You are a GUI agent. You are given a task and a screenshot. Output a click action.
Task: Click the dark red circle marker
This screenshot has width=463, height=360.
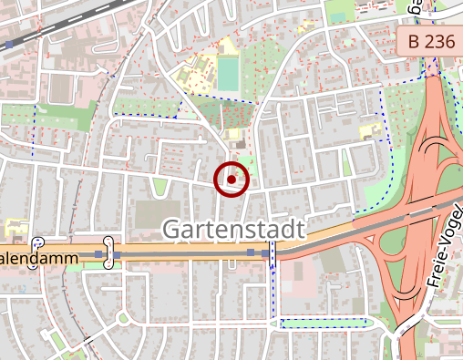pyautogui.click(x=231, y=180)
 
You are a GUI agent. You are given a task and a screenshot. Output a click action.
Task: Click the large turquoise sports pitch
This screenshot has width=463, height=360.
pyautogui.click(x=227, y=74)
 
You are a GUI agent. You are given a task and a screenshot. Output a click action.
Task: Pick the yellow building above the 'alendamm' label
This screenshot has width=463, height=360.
pyautogui.click(x=16, y=228)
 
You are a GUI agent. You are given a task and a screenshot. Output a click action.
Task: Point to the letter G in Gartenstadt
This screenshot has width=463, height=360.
pyautogui.click(x=172, y=231)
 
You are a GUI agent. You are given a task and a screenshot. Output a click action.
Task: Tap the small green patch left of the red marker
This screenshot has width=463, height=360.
pyautogui.click(x=160, y=187)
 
